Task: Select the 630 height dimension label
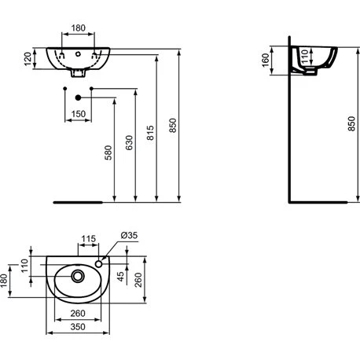[x=130, y=145]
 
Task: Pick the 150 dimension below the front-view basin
[x=78, y=114]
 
